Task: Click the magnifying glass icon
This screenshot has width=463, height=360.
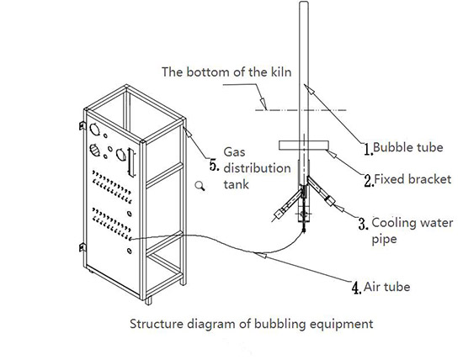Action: point(200,186)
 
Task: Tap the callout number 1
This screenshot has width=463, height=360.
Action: point(368,149)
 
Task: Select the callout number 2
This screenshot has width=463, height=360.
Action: point(369,181)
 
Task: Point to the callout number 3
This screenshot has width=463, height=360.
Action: point(363,224)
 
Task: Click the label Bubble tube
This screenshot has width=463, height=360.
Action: point(408,147)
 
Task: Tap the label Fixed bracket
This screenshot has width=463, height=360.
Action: point(412,179)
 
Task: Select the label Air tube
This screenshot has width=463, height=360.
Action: point(387,287)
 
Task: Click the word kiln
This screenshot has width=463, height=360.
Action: point(281,72)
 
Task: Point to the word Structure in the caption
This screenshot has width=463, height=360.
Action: point(157,324)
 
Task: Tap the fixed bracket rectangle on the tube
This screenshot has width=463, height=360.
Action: point(304,146)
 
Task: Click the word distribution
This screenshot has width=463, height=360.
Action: point(258,168)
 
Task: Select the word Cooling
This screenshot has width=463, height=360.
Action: point(391,223)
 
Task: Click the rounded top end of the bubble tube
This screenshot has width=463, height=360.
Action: point(304,3)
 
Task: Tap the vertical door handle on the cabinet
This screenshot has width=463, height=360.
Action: point(131,162)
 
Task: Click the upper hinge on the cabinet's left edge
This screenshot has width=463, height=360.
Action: point(82,125)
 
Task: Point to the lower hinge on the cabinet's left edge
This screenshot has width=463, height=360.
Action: point(82,247)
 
